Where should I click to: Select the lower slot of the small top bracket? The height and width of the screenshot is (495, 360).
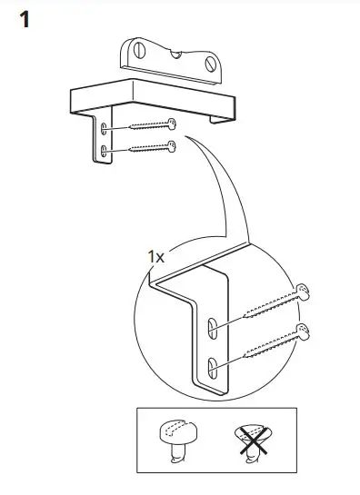[x=106, y=149]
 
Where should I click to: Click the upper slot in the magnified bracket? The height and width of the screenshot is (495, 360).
[x=211, y=326]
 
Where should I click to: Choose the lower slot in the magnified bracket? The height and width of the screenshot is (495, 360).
[x=211, y=366]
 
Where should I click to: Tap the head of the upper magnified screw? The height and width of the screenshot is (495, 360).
[x=302, y=293]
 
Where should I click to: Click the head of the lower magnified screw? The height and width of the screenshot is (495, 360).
[x=303, y=331]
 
